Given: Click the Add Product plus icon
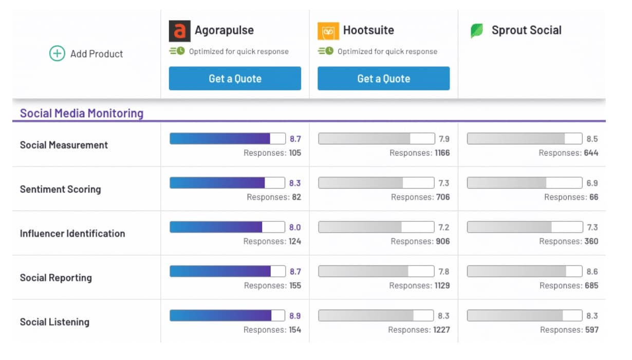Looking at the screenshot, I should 57,53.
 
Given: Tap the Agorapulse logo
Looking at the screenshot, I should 179,31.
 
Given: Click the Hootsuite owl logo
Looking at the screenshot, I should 328,31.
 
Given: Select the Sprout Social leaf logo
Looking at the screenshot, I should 477,31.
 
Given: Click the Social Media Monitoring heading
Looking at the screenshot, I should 82,113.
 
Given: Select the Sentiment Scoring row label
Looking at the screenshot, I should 60,189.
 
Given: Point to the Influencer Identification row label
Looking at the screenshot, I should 72,233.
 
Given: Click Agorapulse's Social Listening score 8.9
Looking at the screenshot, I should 295,316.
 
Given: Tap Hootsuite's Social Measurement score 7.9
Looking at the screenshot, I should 444,139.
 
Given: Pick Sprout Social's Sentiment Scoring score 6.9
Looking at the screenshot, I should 592,183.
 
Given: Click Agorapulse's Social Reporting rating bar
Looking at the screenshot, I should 227,271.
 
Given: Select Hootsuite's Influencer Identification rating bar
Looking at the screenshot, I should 376,227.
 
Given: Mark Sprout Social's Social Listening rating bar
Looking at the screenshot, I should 525,315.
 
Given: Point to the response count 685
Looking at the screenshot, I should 591,286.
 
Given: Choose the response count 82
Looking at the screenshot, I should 296,197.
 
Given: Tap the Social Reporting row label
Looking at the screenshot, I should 55,278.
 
